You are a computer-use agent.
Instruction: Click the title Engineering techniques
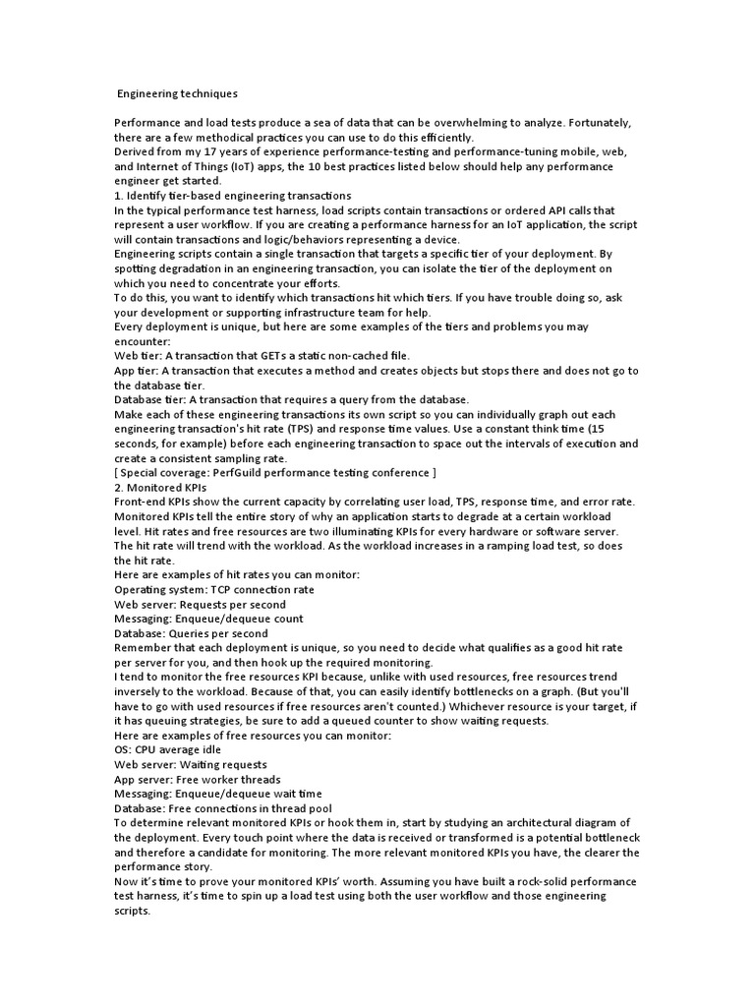tap(177, 94)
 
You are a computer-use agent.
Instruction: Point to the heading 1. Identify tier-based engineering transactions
tap(232, 196)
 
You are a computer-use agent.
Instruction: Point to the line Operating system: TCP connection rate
tap(214, 589)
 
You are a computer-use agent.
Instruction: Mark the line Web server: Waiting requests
tap(190, 764)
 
